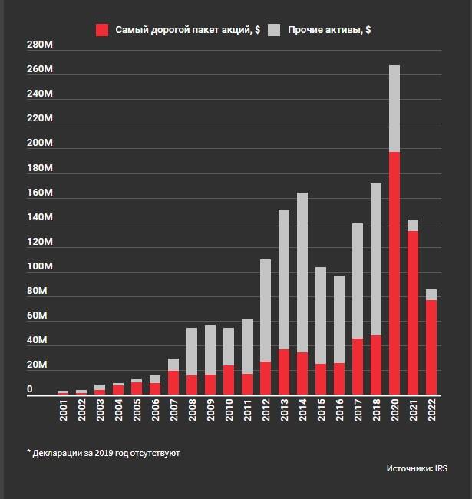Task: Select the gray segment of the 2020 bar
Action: click(394, 108)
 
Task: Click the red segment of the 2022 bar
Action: click(431, 346)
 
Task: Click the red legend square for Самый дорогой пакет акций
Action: click(102, 30)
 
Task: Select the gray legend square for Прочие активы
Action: click(275, 30)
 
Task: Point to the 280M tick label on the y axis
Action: click(39, 45)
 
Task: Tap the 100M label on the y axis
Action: click(39, 266)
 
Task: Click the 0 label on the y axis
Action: click(31, 389)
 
